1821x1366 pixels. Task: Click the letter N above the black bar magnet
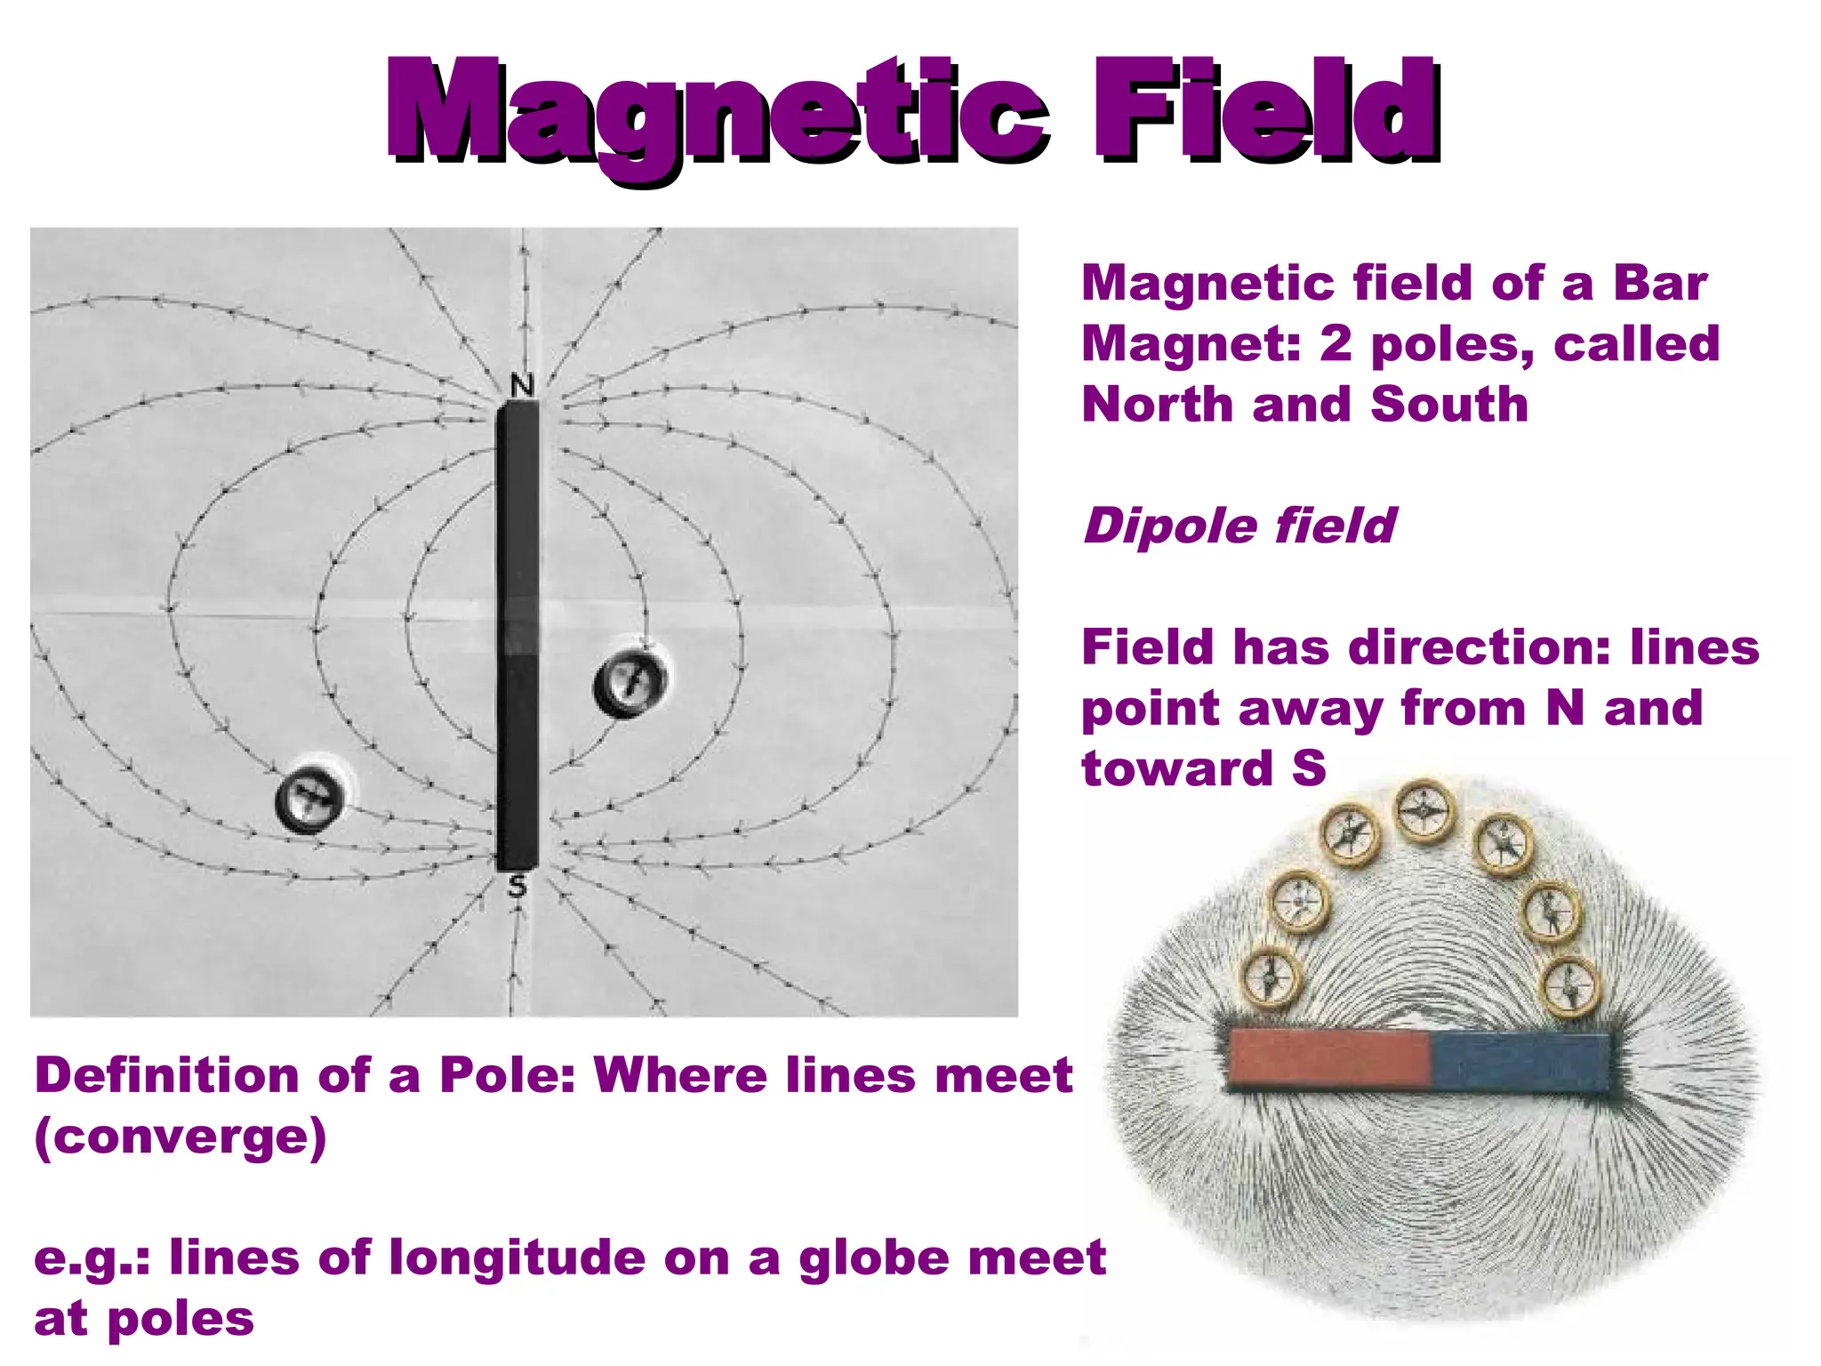click(523, 385)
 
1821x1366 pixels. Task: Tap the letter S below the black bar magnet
click(517, 886)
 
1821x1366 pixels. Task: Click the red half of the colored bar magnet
click(1328, 1059)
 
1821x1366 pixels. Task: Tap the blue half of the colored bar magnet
click(1521, 1061)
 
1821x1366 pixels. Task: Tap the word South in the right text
click(1448, 405)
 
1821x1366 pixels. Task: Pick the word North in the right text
click(1156, 405)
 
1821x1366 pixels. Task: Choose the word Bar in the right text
click(1660, 284)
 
